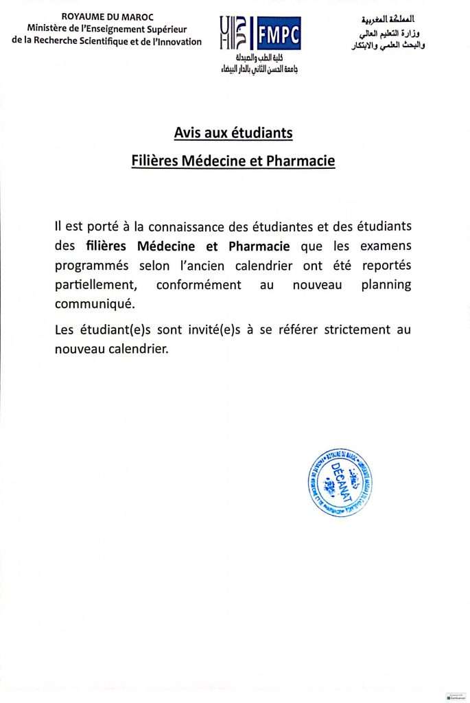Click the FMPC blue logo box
(277, 34)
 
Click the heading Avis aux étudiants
(233, 132)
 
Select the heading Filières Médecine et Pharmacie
(233, 161)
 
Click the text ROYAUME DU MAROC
(108, 16)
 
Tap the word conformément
(198, 284)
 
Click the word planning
(386, 284)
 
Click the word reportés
(383, 265)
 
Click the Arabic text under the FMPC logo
(259, 65)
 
